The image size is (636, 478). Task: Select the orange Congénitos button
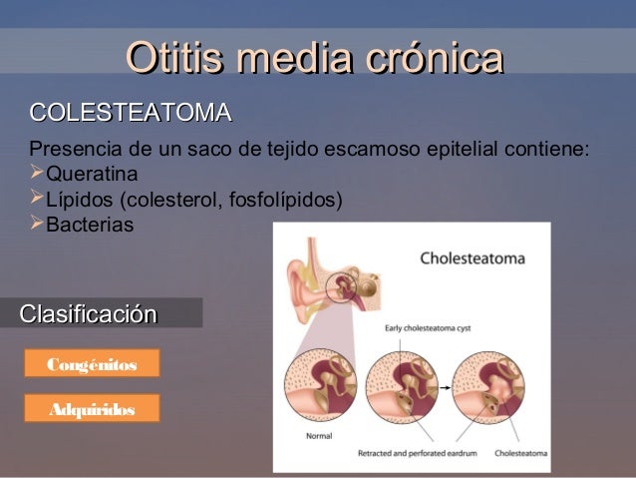click(x=91, y=364)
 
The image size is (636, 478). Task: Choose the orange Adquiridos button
click(x=91, y=408)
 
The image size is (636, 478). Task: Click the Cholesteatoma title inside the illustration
click(x=473, y=256)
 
